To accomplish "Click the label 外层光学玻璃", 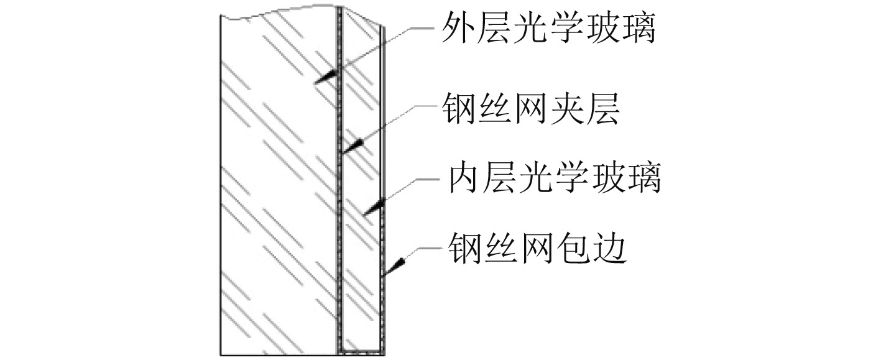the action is coord(548,28).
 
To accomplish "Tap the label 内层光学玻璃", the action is coord(552,179).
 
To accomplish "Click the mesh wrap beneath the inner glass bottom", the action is coord(362,352).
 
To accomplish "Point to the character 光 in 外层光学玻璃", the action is coord(530,28).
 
